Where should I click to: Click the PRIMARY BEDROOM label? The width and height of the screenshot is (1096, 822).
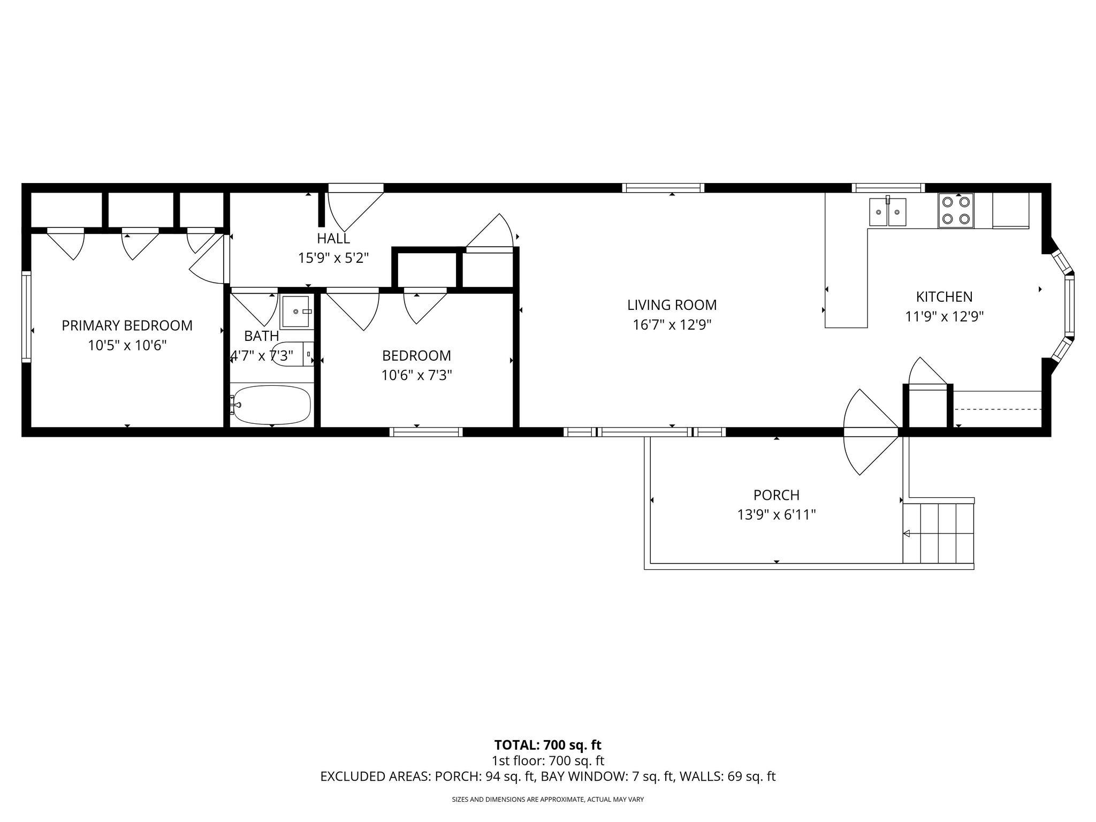pos(127,325)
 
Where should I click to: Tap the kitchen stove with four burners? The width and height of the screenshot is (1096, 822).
pos(956,210)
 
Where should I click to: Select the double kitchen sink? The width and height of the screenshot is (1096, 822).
pos(888,212)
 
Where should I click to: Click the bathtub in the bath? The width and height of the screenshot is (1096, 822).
pos(272,405)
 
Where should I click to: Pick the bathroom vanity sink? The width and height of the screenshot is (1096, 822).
pos(295,311)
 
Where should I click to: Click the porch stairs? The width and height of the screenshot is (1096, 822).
pos(938,533)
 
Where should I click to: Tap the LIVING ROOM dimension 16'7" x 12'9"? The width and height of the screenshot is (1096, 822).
pos(672,325)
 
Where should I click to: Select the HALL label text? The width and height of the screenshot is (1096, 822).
pos(333,238)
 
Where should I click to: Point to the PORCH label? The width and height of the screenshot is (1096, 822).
pos(776,495)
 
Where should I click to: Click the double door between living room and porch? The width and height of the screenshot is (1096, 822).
pos(870,432)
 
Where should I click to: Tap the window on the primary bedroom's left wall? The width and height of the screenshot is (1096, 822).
pos(26,316)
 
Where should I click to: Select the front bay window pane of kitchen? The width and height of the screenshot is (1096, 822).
pos(1069,307)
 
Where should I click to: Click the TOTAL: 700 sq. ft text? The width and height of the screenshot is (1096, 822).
pos(547,745)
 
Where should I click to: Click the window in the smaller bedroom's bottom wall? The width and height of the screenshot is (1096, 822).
pos(426,432)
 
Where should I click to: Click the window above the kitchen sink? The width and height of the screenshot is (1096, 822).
pos(888,188)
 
